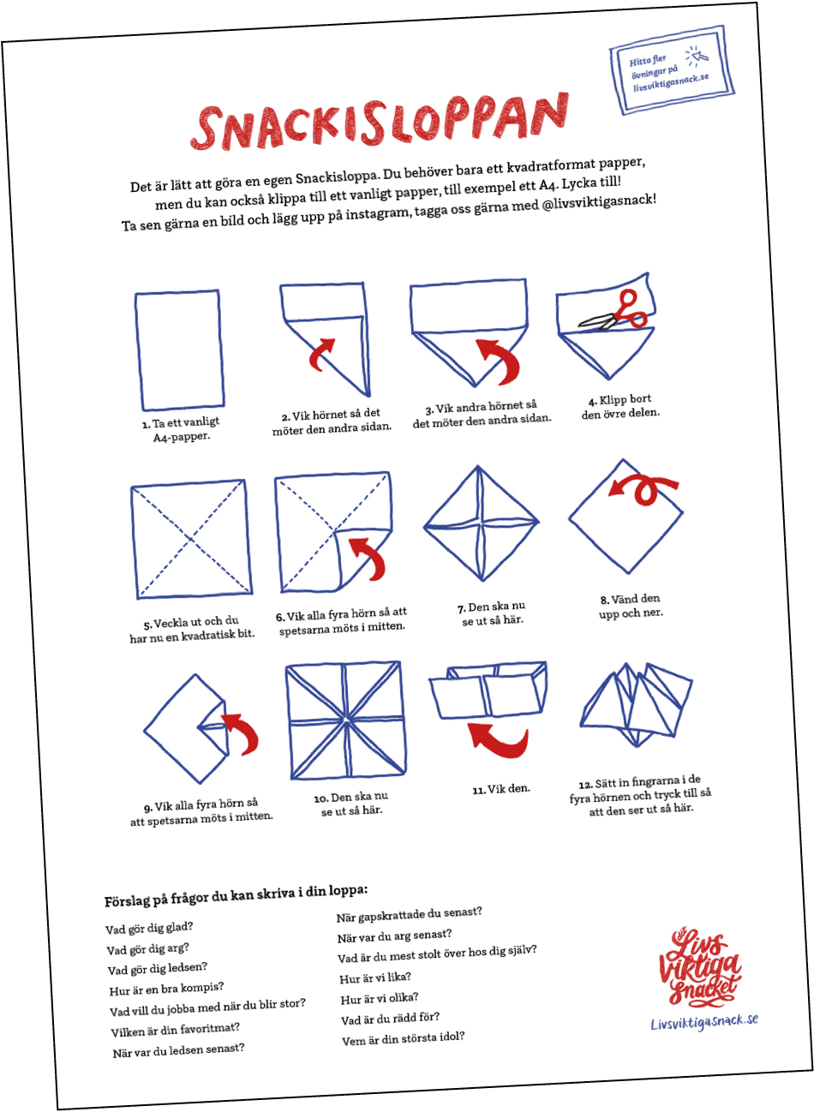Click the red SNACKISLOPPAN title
[380, 122]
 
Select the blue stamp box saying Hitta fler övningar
[672, 70]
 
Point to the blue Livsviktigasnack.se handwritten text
[704, 1022]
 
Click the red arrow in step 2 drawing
[321, 354]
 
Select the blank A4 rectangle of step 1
[179, 350]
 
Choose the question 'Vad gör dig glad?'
[149, 929]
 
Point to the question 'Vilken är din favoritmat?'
[176, 1030]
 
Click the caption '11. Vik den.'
[501, 789]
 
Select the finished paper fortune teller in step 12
[636, 704]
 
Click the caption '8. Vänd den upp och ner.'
[631, 607]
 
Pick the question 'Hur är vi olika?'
[380, 999]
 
